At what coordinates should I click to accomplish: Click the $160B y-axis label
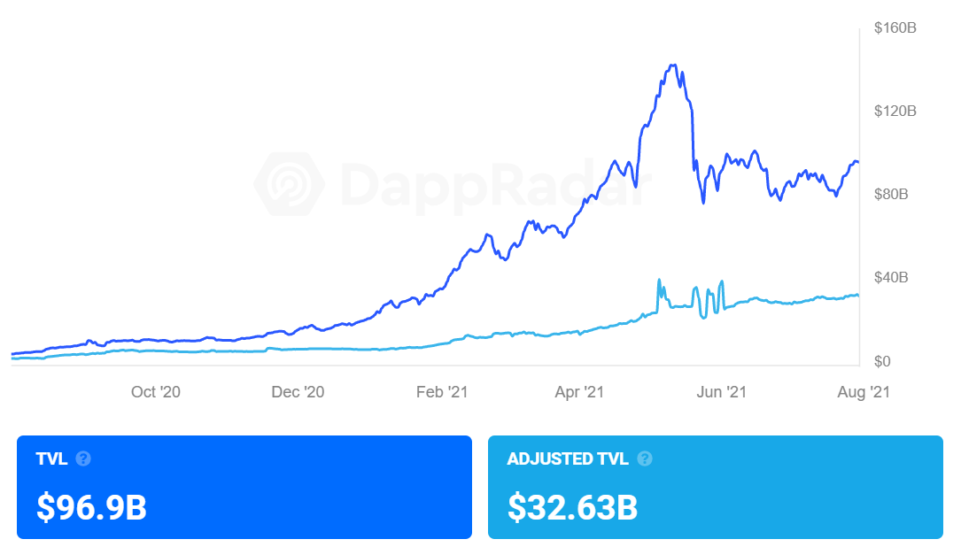(x=895, y=28)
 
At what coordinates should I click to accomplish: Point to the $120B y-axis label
(x=895, y=112)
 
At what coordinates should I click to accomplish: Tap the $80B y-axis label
(x=891, y=195)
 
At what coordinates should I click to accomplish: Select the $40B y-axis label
(x=891, y=278)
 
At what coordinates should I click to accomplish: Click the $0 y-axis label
(x=882, y=361)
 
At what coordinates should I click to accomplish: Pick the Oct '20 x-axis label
(x=155, y=392)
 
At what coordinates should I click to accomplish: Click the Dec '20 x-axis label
(x=298, y=392)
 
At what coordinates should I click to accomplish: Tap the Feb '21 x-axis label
(x=441, y=392)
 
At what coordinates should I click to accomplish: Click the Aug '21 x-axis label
(x=863, y=392)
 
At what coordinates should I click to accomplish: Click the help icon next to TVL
(x=83, y=458)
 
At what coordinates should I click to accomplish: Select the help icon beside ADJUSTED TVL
(x=645, y=458)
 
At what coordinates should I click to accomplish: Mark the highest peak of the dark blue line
(x=674, y=65)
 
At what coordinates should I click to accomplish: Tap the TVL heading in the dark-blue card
(x=51, y=458)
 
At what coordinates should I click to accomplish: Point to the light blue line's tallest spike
(x=659, y=281)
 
